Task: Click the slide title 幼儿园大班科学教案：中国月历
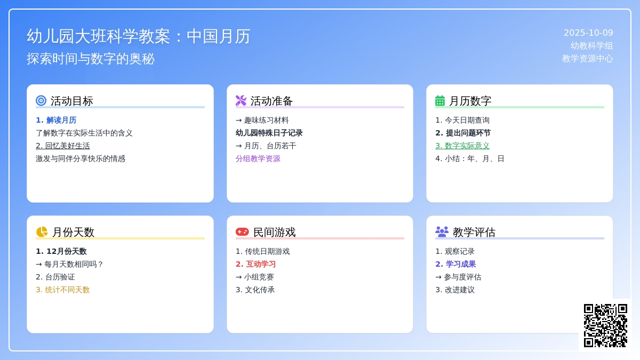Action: [139, 36]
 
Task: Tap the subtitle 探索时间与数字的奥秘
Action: [91, 59]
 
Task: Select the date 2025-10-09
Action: [588, 33]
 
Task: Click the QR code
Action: [605, 325]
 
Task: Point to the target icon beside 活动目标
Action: [41, 100]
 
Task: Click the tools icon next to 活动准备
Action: [241, 100]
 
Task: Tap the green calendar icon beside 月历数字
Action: [440, 100]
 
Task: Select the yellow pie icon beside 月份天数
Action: [42, 232]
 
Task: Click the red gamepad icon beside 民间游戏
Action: [242, 232]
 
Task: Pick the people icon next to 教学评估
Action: [442, 231]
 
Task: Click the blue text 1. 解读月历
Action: [56, 120]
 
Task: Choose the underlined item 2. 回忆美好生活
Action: [63, 146]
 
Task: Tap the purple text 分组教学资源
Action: [258, 158]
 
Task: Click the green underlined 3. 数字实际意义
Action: [462, 146]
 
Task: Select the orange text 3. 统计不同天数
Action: [63, 290]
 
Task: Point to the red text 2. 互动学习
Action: [256, 264]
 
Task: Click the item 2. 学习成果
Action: [455, 264]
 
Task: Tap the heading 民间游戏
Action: [274, 232]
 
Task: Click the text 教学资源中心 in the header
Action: [588, 59]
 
